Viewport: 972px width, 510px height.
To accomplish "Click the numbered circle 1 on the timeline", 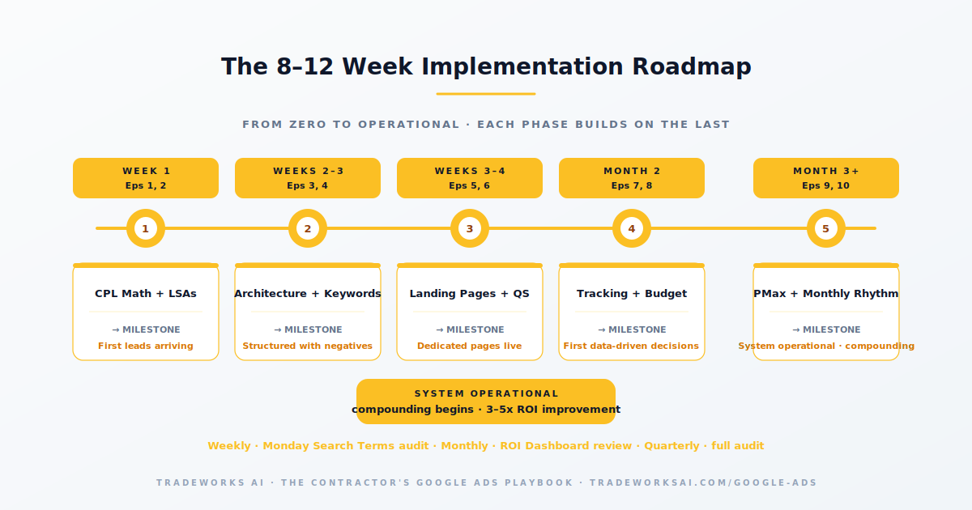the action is point(146,228).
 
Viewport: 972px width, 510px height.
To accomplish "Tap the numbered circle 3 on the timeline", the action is point(470,228).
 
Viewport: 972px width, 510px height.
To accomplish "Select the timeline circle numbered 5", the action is point(825,228).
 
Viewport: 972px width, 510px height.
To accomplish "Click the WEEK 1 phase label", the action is point(147,172).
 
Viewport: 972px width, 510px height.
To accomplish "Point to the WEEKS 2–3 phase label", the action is point(308,172).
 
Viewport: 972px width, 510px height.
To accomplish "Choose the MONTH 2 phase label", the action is point(632,172).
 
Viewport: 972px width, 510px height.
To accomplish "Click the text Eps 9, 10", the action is point(825,185).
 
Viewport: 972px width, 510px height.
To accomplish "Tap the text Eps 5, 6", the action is point(470,185).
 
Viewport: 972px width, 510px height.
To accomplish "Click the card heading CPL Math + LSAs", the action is point(146,294).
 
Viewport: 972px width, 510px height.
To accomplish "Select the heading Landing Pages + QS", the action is point(470,294).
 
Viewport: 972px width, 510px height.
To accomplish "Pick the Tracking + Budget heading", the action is point(632,294).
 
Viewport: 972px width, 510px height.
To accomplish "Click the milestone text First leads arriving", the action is point(146,346).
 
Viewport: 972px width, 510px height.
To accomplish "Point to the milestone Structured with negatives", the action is point(308,346).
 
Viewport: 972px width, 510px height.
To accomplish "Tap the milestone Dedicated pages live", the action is point(470,346).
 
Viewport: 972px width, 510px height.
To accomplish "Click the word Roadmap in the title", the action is point(692,67).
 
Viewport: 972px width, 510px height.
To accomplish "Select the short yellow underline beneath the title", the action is point(486,94).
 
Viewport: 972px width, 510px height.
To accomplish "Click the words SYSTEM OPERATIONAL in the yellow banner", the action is point(486,393).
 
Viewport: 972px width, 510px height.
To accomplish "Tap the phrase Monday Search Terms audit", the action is point(346,446).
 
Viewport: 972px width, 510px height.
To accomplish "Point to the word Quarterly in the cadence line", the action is point(671,446).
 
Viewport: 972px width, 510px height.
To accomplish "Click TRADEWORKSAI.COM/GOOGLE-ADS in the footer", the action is point(703,482).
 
